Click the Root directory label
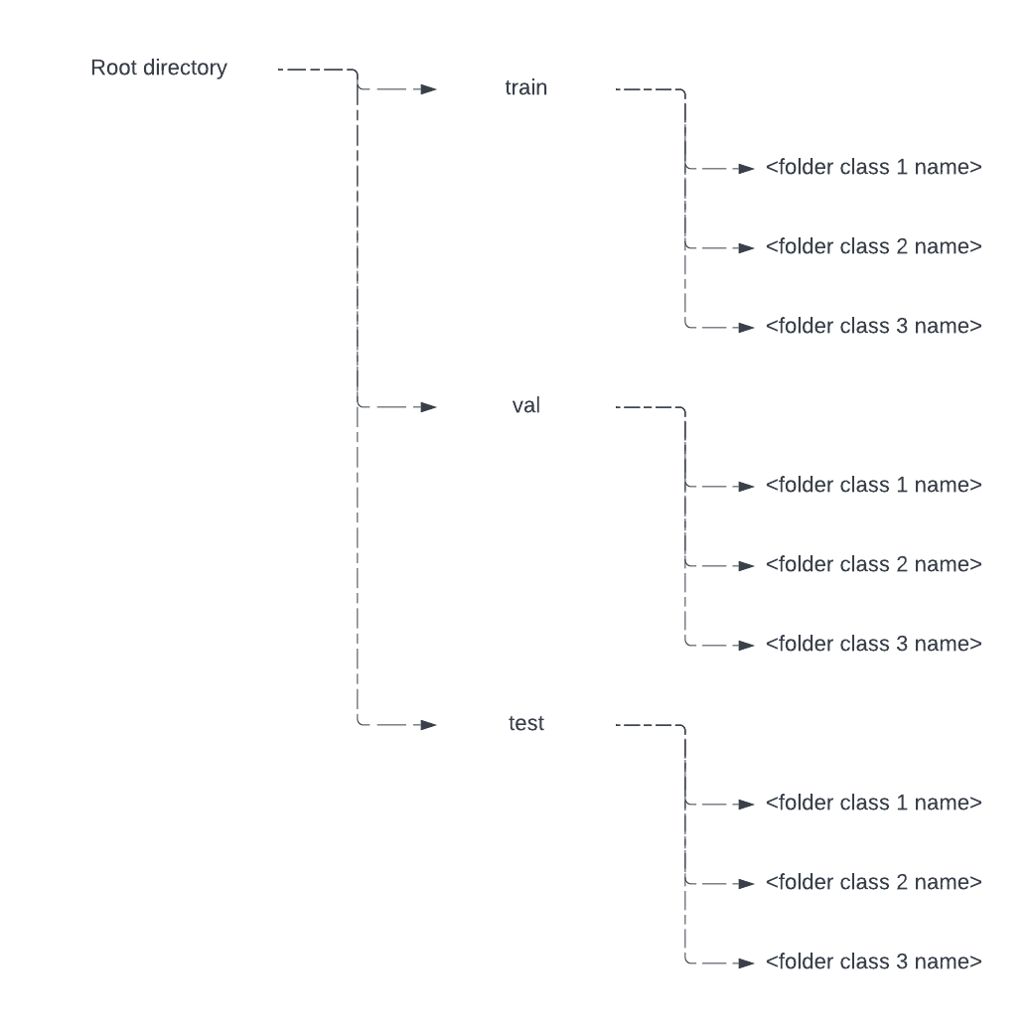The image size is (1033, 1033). point(159,69)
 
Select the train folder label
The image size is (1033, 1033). point(525,88)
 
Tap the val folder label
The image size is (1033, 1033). point(525,406)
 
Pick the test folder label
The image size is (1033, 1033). point(525,724)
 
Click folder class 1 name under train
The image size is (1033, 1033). point(874,168)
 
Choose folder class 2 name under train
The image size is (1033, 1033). point(874,247)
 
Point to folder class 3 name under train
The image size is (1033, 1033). point(874,327)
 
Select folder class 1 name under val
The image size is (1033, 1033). point(874,486)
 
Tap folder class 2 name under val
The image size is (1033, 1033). point(874,565)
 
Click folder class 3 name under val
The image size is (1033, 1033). point(874,645)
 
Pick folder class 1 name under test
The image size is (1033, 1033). point(874,804)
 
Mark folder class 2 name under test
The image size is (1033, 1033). point(874,883)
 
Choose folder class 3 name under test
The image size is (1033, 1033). point(874,962)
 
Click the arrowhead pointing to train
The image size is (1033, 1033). point(428,89)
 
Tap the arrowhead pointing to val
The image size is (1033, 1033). point(428,407)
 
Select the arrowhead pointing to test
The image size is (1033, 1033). point(428,725)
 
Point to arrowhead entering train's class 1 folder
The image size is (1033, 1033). point(747,169)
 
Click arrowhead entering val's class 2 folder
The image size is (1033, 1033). point(747,566)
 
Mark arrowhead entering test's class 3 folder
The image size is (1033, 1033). point(747,963)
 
